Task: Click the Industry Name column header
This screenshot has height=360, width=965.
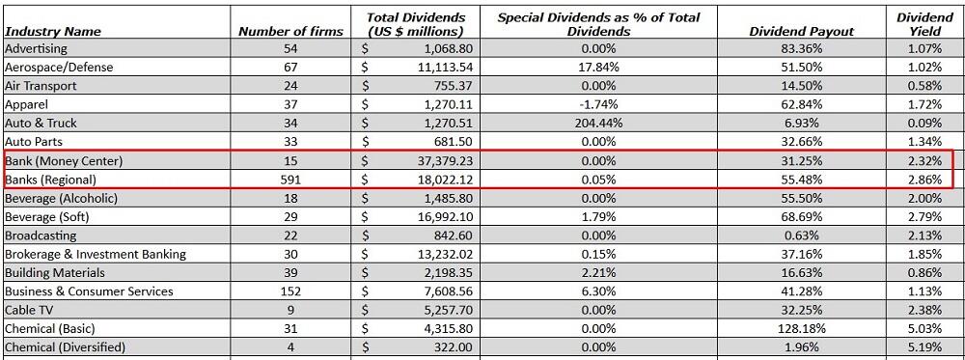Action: point(53,32)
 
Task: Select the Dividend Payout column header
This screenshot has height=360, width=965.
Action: point(801,32)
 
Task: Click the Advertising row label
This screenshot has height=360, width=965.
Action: point(37,48)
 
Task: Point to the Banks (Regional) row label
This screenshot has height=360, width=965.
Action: point(52,180)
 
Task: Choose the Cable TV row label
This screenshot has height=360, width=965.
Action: point(32,310)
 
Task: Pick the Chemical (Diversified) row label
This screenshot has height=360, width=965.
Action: point(65,347)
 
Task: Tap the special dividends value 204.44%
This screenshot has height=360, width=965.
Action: point(598,124)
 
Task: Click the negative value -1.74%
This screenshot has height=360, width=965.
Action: point(598,104)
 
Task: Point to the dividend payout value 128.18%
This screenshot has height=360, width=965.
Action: point(801,329)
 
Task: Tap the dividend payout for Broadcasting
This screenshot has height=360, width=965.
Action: point(801,235)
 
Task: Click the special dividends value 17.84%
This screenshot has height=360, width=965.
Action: point(598,68)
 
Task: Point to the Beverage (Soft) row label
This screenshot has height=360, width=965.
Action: point(46,217)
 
